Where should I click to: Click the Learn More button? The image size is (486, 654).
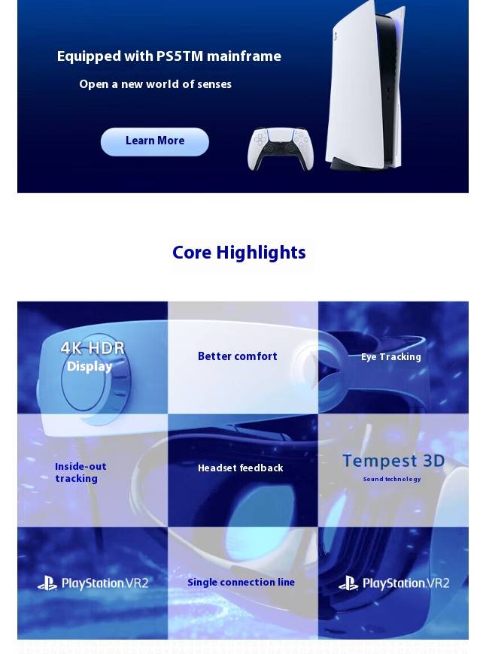click(x=154, y=142)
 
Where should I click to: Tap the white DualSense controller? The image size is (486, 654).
click(x=280, y=149)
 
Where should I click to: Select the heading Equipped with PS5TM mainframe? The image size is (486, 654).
click(x=169, y=56)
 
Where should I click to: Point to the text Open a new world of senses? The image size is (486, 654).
click(x=155, y=84)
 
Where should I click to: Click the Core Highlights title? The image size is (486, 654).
click(x=238, y=253)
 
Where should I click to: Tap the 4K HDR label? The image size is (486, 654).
click(x=93, y=348)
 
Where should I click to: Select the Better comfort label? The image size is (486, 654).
click(x=238, y=356)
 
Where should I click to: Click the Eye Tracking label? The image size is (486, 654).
click(x=390, y=357)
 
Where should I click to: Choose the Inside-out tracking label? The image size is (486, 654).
click(x=80, y=472)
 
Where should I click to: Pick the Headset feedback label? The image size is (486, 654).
click(x=241, y=468)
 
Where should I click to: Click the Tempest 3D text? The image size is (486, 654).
click(x=393, y=461)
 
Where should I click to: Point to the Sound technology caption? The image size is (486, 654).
click(x=392, y=479)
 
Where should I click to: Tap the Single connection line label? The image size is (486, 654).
click(x=241, y=583)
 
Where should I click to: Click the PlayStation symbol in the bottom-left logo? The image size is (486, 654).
click(x=47, y=583)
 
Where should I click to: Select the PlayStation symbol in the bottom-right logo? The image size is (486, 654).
click(x=348, y=583)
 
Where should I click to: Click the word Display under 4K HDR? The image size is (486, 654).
click(x=90, y=367)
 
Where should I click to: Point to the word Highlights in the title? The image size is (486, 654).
click(x=261, y=253)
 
